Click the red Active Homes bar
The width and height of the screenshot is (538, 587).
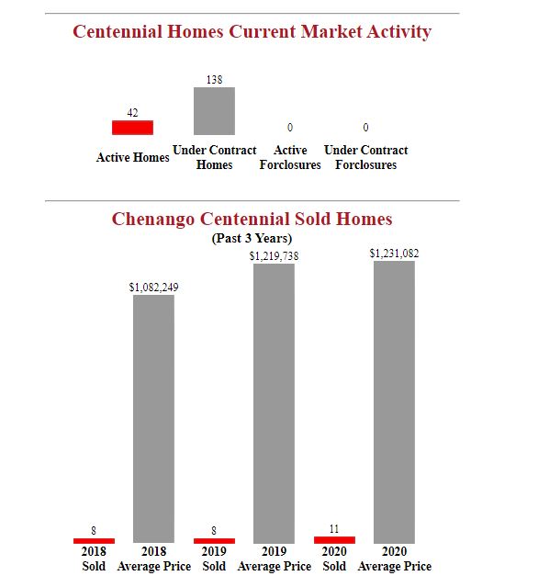tap(132, 127)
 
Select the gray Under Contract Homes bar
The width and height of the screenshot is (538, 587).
tap(214, 111)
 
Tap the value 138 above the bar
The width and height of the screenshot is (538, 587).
tap(214, 80)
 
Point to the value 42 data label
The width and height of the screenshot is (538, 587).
tap(132, 113)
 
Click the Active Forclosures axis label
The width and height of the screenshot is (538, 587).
tap(290, 157)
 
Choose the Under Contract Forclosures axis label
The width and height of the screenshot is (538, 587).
tap(365, 157)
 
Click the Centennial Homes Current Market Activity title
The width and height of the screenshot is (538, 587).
tap(252, 32)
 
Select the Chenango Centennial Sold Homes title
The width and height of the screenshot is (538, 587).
tap(252, 220)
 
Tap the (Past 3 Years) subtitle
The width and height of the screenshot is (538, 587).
tap(252, 239)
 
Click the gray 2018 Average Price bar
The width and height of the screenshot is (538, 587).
tap(153, 418)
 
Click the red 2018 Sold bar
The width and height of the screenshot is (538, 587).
tap(94, 540)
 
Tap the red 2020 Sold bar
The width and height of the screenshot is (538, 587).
tap(334, 539)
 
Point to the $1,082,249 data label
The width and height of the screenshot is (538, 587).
tap(153, 288)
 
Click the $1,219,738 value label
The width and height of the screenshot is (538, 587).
tap(274, 256)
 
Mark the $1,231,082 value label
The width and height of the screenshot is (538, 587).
tap(394, 253)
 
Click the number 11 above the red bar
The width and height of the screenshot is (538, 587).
tap(334, 529)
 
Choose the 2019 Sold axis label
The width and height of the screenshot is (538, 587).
tap(214, 559)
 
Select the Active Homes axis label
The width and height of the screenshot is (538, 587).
tap(132, 158)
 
